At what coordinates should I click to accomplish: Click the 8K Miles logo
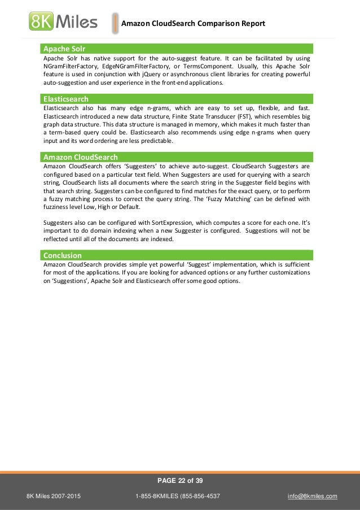(x=63, y=22)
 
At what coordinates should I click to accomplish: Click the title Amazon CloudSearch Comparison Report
(x=193, y=24)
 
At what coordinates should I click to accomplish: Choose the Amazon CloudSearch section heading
(x=80, y=157)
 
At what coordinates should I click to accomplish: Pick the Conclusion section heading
(x=63, y=255)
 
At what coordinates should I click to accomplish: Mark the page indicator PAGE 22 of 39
(x=179, y=481)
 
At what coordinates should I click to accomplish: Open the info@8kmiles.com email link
(x=313, y=496)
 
